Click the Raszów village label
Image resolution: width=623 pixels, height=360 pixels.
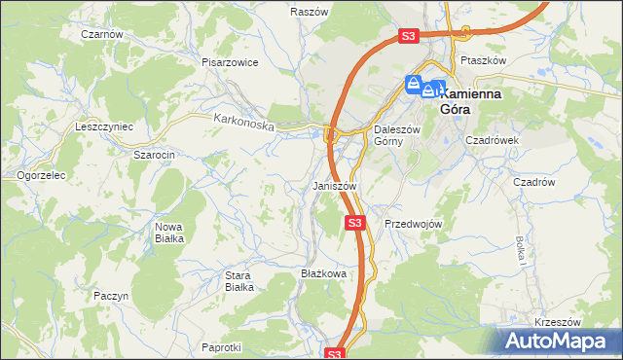[x=308, y=12]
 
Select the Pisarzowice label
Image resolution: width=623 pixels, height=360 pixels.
[x=230, y=62]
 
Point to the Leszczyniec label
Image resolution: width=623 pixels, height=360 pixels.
[x=104, y=127]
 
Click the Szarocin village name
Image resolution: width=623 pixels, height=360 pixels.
[x=154, y=155]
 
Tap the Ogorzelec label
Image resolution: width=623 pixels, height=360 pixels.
[x=41, y=176]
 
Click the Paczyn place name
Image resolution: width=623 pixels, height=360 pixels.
[x=110, y=295]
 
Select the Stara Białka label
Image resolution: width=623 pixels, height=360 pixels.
[x=238, y=281]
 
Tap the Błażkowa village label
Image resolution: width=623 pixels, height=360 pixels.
[x=324, y=274]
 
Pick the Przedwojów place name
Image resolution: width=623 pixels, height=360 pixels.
[x=414, y=224]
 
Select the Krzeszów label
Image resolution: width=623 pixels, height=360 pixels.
[x=558, y=322]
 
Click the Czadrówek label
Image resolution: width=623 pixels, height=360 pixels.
[x=493, y=140]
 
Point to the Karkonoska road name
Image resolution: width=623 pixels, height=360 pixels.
[x=244, y=123]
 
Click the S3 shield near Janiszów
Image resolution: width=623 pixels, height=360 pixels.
[x=355, y=224]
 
